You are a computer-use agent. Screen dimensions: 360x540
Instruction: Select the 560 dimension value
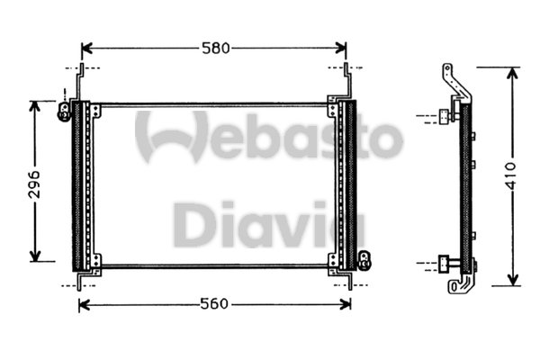pyautogui.click(x=214, y=304)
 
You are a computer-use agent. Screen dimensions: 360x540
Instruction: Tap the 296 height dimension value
pyautogui.click(x=35, y=181)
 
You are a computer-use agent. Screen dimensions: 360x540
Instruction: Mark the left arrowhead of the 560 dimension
pyautogui.click(x=85, y=304)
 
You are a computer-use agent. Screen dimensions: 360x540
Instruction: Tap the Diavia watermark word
pyautogui.click(x=257, y=225)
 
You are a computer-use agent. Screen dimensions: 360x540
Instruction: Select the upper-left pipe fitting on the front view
pyautogui.click(x=65, y=110)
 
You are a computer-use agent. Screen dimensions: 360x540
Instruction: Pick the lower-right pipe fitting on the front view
pyautogui.click(x=364, y=260)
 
